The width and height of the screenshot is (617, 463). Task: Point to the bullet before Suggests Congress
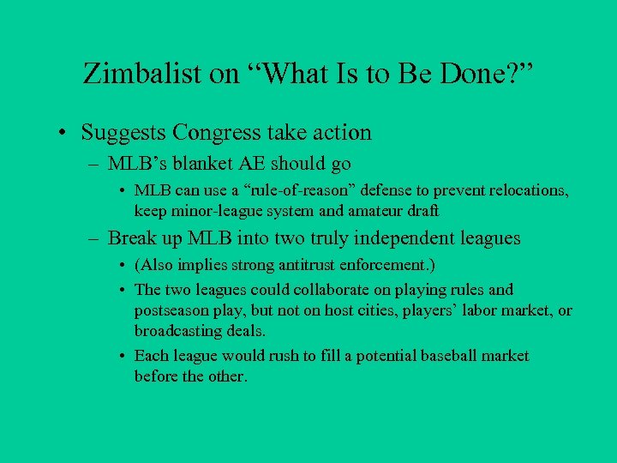63,133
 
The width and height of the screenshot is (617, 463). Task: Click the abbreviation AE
255,163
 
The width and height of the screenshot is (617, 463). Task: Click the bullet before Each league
124,356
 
